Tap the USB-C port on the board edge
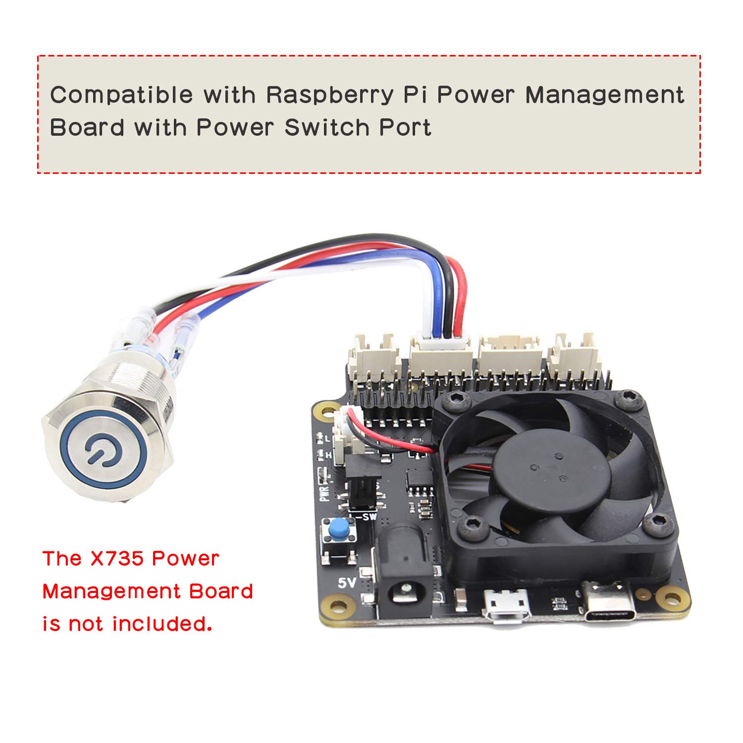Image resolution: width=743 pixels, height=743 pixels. [606, 602]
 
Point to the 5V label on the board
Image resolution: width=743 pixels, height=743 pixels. [347, 583]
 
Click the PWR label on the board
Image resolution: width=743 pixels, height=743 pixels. [324, 493]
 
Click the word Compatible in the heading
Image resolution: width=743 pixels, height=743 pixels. [121, 94]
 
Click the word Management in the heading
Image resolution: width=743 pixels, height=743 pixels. [604, 95]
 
